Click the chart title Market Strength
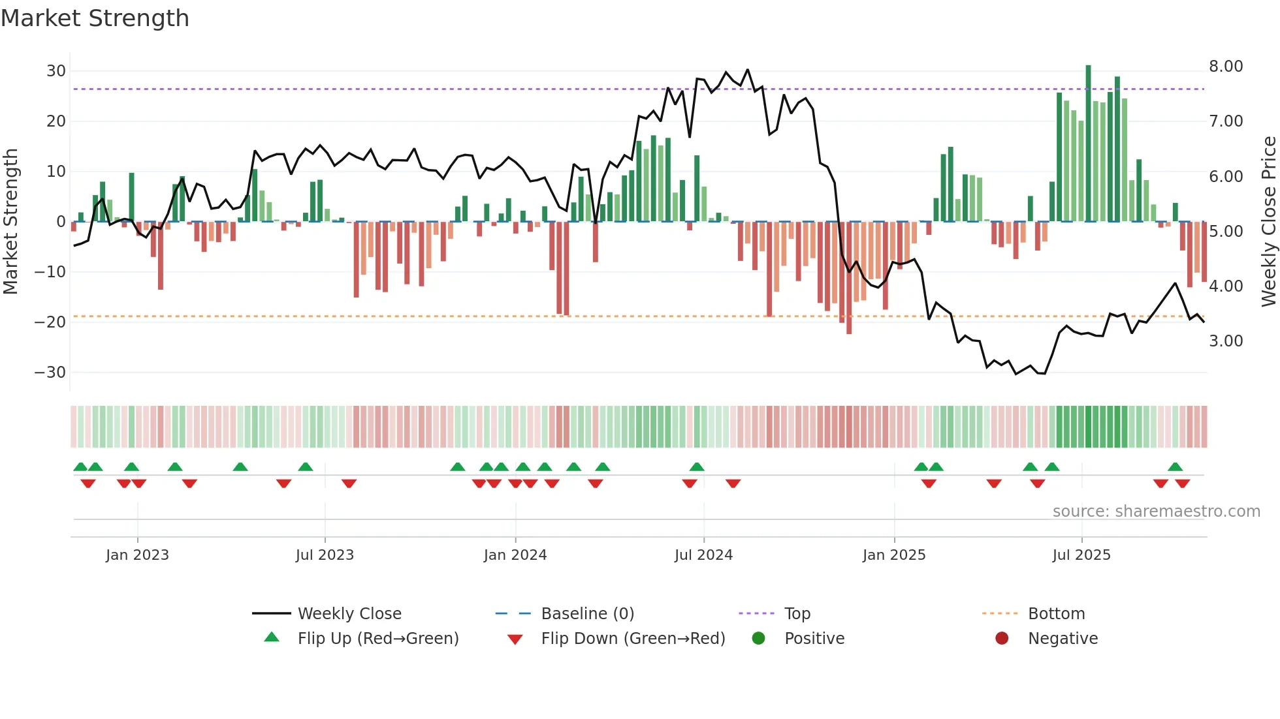pos(95,18)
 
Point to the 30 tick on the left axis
pos(56,70)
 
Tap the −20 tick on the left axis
pos(50,322)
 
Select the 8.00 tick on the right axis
pos(1226,67)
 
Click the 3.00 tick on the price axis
pos(1226,341)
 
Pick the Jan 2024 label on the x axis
pos(515,555)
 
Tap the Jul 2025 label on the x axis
pos(1081,555)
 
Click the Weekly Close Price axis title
pos(1268,222)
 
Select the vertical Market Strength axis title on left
pos(10,222)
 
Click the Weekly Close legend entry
pos(349,614)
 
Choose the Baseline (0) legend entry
pos(587,614)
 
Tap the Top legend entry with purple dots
pos(797,614)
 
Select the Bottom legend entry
pos(1056,614)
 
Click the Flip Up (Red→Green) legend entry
pos(377,639)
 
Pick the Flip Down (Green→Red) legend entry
pos(633,639)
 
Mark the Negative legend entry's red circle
pos(1002,639)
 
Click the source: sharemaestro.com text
pos(1156,512)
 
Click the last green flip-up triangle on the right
pos(1175,467)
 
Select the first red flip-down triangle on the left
pos(88,483)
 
